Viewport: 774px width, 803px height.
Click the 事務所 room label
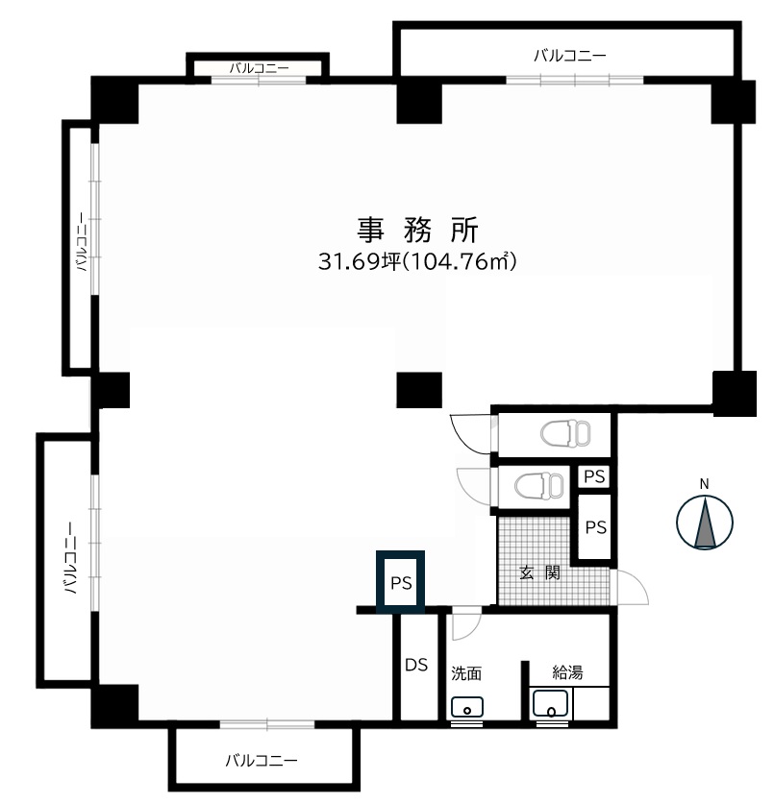(x=417, y=230)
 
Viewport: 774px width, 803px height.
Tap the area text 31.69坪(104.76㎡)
(x=417, y=261)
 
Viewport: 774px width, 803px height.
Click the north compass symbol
(x=704, y=523)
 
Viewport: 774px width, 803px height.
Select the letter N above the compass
(x=704, y=483)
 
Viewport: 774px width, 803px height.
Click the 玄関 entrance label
(x=539, y=572)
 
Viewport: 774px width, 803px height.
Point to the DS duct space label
(x=416, y=665)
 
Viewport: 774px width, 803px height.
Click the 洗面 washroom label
(x=466, y=673)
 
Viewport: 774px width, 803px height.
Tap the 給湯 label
(x=567, y=671)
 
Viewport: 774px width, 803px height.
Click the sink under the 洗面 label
(x=467, y=707)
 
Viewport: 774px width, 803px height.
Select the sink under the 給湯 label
(x=551, y=705)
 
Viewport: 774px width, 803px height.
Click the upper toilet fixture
(x=565, y=434)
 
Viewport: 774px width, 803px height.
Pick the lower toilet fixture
(x=539, y=485)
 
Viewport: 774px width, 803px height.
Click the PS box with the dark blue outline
(x=400, y=582)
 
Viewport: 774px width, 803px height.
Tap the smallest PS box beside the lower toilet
(x=594, y=476)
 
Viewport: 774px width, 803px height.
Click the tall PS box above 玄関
(x=595, y=527)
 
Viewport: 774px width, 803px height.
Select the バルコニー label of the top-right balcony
(x=570, y=56)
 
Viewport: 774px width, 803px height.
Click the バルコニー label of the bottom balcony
(x=262, y=760)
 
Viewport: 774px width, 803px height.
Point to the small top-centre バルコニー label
(x=259, y=68)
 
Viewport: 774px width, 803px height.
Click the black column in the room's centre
(x=419, y=390)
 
